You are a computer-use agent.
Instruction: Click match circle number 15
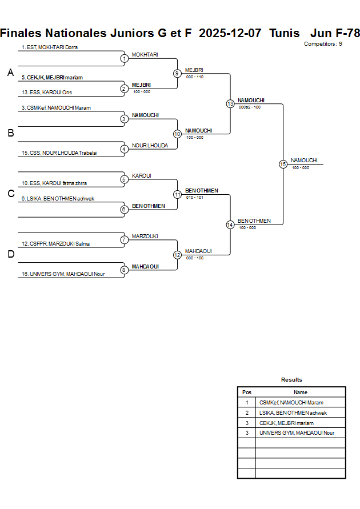point(283,164)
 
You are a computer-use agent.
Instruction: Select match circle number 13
point(230,104)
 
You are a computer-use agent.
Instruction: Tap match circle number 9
point(177,73)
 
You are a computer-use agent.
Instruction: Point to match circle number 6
point(124,210)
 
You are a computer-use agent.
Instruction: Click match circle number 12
point(177,255)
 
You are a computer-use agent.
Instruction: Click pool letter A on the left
point(10,73)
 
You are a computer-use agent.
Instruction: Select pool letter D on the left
point(10,255)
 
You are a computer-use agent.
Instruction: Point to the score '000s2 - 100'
point(250,107)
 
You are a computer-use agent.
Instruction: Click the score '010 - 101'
point(194,197)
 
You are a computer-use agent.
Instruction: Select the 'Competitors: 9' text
point(323,43)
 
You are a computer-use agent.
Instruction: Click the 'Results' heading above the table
point(291,379)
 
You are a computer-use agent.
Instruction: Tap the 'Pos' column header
point(247,392)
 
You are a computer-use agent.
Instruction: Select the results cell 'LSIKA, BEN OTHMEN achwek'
point(293,412)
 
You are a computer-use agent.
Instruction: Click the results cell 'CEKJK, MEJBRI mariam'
point(286,423)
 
